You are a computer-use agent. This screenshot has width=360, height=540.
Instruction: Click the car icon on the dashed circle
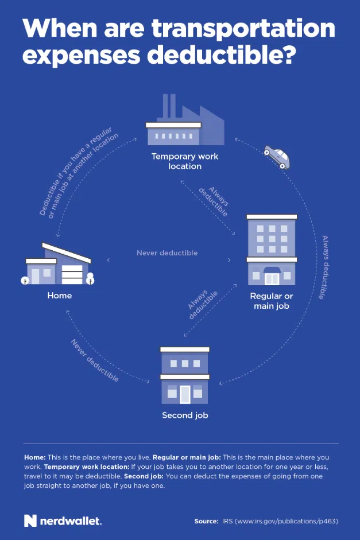pyautogui.click(x=277, y=157)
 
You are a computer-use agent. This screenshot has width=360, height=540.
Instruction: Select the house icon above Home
pyautogui.click(x=57, y=264)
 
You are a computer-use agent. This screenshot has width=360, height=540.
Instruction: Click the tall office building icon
pyautogui.click(x=272, y=250)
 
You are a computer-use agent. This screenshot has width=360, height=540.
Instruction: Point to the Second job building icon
pyautogui.click(x=185, y=375)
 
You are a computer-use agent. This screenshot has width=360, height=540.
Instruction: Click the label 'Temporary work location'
pyautogui.click(x=185, y=161)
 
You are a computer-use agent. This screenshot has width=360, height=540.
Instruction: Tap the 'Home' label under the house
pyautogui.click(x=60, y=296)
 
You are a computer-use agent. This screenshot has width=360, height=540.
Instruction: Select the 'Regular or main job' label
pyautogui.click(x=272, y=301)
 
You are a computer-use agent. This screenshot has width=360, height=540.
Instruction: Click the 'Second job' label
pyautogui.click(x=185, y=415)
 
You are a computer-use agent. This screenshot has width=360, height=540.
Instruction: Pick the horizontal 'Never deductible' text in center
pyautogui.click(x=167, y=252)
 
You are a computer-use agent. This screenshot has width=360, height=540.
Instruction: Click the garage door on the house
pyautogui.click(x=72, y=274)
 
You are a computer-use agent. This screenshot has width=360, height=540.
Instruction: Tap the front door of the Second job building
pyautogui.click(x=185, y=394)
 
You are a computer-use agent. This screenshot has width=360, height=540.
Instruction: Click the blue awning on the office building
pyautogui.click(x=272, y=270)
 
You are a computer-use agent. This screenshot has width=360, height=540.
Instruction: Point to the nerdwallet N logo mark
pyautogui.click(x=30, y=520)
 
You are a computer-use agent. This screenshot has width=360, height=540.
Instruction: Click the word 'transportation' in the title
pyautogui.click(x=243, y=28)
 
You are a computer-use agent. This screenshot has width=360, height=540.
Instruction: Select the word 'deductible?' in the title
pyautogui.click(x=221, y=55)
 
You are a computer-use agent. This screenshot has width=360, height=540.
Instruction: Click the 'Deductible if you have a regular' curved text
pyautogui.click(x=75, y=171)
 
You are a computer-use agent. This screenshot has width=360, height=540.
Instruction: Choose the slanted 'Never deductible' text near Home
pyautogui.click(x=95, y=360)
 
